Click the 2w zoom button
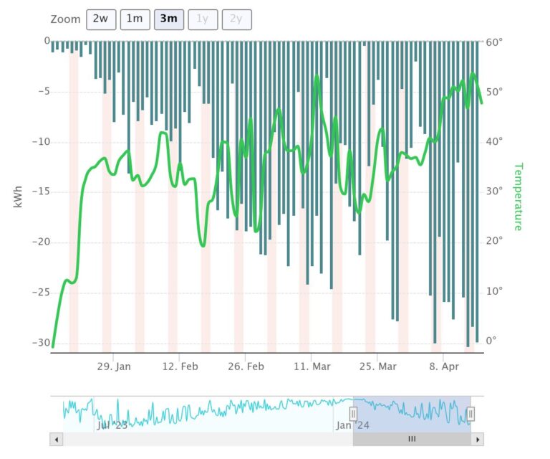101,19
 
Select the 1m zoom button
135,19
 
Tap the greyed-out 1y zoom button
203,19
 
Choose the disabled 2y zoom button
236,19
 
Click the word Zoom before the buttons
66,19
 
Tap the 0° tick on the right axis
491,341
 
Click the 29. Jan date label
114,366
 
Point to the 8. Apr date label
443,366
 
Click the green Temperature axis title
518,197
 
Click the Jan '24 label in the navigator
353,425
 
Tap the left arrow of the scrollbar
56,439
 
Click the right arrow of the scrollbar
478,439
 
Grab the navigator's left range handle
353,414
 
